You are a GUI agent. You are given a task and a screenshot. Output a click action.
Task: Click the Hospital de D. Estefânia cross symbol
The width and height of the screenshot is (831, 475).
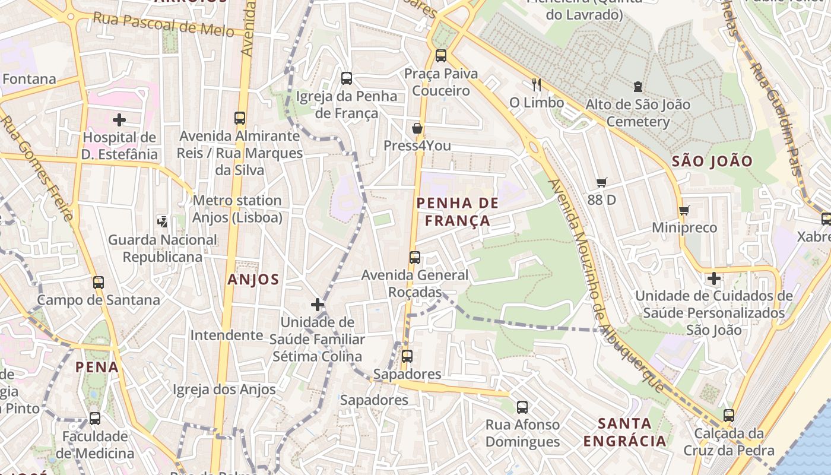(x=119, y=120)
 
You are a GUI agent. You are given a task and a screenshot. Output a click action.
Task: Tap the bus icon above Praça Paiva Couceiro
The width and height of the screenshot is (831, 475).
(x=440, y=56)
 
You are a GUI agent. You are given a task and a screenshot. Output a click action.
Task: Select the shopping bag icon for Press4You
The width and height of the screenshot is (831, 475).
(x=417, y=128)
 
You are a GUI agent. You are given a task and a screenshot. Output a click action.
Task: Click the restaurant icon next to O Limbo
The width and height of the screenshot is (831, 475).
(x=537, y=85)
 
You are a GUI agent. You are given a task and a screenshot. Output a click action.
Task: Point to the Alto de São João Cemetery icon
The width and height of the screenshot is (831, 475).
(x=637, y=87)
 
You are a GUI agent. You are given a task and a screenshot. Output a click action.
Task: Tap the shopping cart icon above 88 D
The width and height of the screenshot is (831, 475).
(x=602, y=183)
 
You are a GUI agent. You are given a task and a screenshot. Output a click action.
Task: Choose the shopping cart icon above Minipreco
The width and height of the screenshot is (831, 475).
(x=684, y=210)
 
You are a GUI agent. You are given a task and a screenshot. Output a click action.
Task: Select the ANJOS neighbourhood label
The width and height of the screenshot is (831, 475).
(x=253, y=280)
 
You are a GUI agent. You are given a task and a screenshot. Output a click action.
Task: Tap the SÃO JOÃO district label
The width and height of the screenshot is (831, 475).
(x=712, y=161)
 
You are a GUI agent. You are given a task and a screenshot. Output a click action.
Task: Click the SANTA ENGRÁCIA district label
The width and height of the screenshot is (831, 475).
(x=624, y=432)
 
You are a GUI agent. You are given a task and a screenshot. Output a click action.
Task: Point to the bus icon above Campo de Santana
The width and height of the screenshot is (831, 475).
(x=99, y=283)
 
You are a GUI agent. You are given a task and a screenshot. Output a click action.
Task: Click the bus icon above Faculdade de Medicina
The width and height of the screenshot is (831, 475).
(x=94, y=418)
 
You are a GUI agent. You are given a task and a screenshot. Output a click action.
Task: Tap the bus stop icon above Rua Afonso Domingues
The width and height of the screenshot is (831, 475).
(x=522, y=407)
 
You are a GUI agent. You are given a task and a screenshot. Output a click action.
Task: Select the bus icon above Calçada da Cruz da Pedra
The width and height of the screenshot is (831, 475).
(x=729, y=416)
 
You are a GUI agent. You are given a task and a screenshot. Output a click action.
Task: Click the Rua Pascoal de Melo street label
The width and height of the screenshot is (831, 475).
(x=163, y=24)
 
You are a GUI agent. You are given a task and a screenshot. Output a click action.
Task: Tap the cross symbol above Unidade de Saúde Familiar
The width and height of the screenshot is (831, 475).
(x=318, y=305)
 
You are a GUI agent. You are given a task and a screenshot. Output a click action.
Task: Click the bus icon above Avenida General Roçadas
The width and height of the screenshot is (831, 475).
(x=414, y=258)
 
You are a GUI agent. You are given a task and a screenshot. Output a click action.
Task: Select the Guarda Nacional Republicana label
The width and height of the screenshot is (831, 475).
(x=162, y=248)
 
